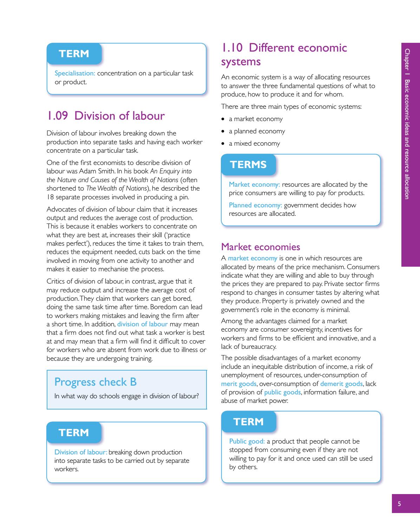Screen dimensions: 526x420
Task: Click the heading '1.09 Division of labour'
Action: click(106, 116)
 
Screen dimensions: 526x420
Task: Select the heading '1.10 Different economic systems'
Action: click(284, 54)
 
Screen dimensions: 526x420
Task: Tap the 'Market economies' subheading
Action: click(261, 247)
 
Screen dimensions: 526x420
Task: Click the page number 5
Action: click(399, 504)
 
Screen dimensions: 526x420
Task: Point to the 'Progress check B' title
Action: click(96, 382)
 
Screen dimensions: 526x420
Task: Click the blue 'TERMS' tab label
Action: click(248, 165)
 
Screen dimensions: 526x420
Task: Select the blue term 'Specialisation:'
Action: click(75, 73)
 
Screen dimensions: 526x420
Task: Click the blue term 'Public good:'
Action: click(247, 441)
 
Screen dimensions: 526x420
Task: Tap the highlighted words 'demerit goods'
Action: click(341, 384)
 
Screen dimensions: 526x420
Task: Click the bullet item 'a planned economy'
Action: click(257, 131)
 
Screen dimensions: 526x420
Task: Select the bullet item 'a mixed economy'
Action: click(254, 144)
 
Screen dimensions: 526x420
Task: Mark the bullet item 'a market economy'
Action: click(256, 119)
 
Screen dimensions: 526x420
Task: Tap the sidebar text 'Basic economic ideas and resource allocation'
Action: click(407, 139)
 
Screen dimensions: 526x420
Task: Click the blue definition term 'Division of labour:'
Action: click(81, 452)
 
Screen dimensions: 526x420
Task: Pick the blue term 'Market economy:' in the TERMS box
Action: click(254, 184)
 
